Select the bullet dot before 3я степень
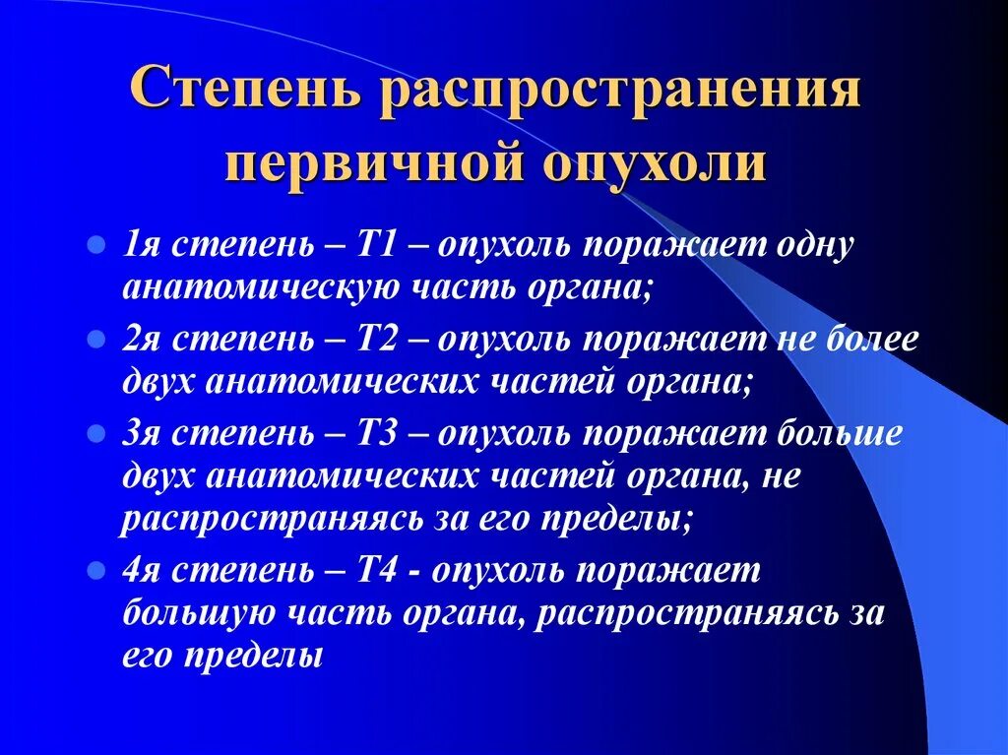(95, 433)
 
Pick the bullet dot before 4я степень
(95, 569)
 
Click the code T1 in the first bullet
(379, 245)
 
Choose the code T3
(379, 433)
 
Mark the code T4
(379, 569)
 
